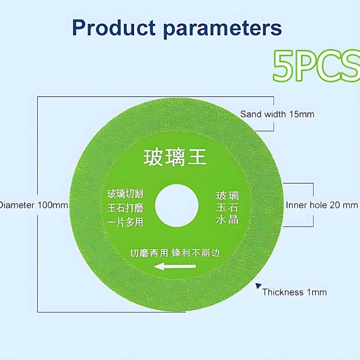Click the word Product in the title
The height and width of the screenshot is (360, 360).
click(x=114, y=28)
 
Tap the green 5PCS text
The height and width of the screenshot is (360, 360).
click(x=316, y=66)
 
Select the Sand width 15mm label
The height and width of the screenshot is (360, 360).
click(x=277, y=114)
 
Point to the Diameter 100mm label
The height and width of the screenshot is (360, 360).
click(x=33, y=205)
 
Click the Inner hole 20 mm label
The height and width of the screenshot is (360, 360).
click(x=322, y=205)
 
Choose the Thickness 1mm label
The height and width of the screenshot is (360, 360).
click(x=294, y=292)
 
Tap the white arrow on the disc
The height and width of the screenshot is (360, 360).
click(x=175, y=266)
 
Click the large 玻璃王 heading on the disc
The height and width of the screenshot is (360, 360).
click(x=175, y=157)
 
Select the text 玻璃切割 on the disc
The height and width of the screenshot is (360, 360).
click(x=125, y=194)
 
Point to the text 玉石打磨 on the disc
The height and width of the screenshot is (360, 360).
click(x=126, y=208)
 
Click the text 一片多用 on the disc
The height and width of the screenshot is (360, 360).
click(x=125, y=222)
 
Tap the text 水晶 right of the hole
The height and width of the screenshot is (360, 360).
click(x=227, y=220)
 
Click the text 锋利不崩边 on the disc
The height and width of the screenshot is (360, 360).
click(x=196, y=253)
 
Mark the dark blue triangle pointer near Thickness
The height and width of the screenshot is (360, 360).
click(x=258, y=286)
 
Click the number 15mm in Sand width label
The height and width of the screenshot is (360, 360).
click(x=301, y=114)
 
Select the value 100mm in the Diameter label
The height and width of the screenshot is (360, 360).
click(x=53, y=205)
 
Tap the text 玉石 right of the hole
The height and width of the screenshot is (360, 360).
click(x=227, y=207)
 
